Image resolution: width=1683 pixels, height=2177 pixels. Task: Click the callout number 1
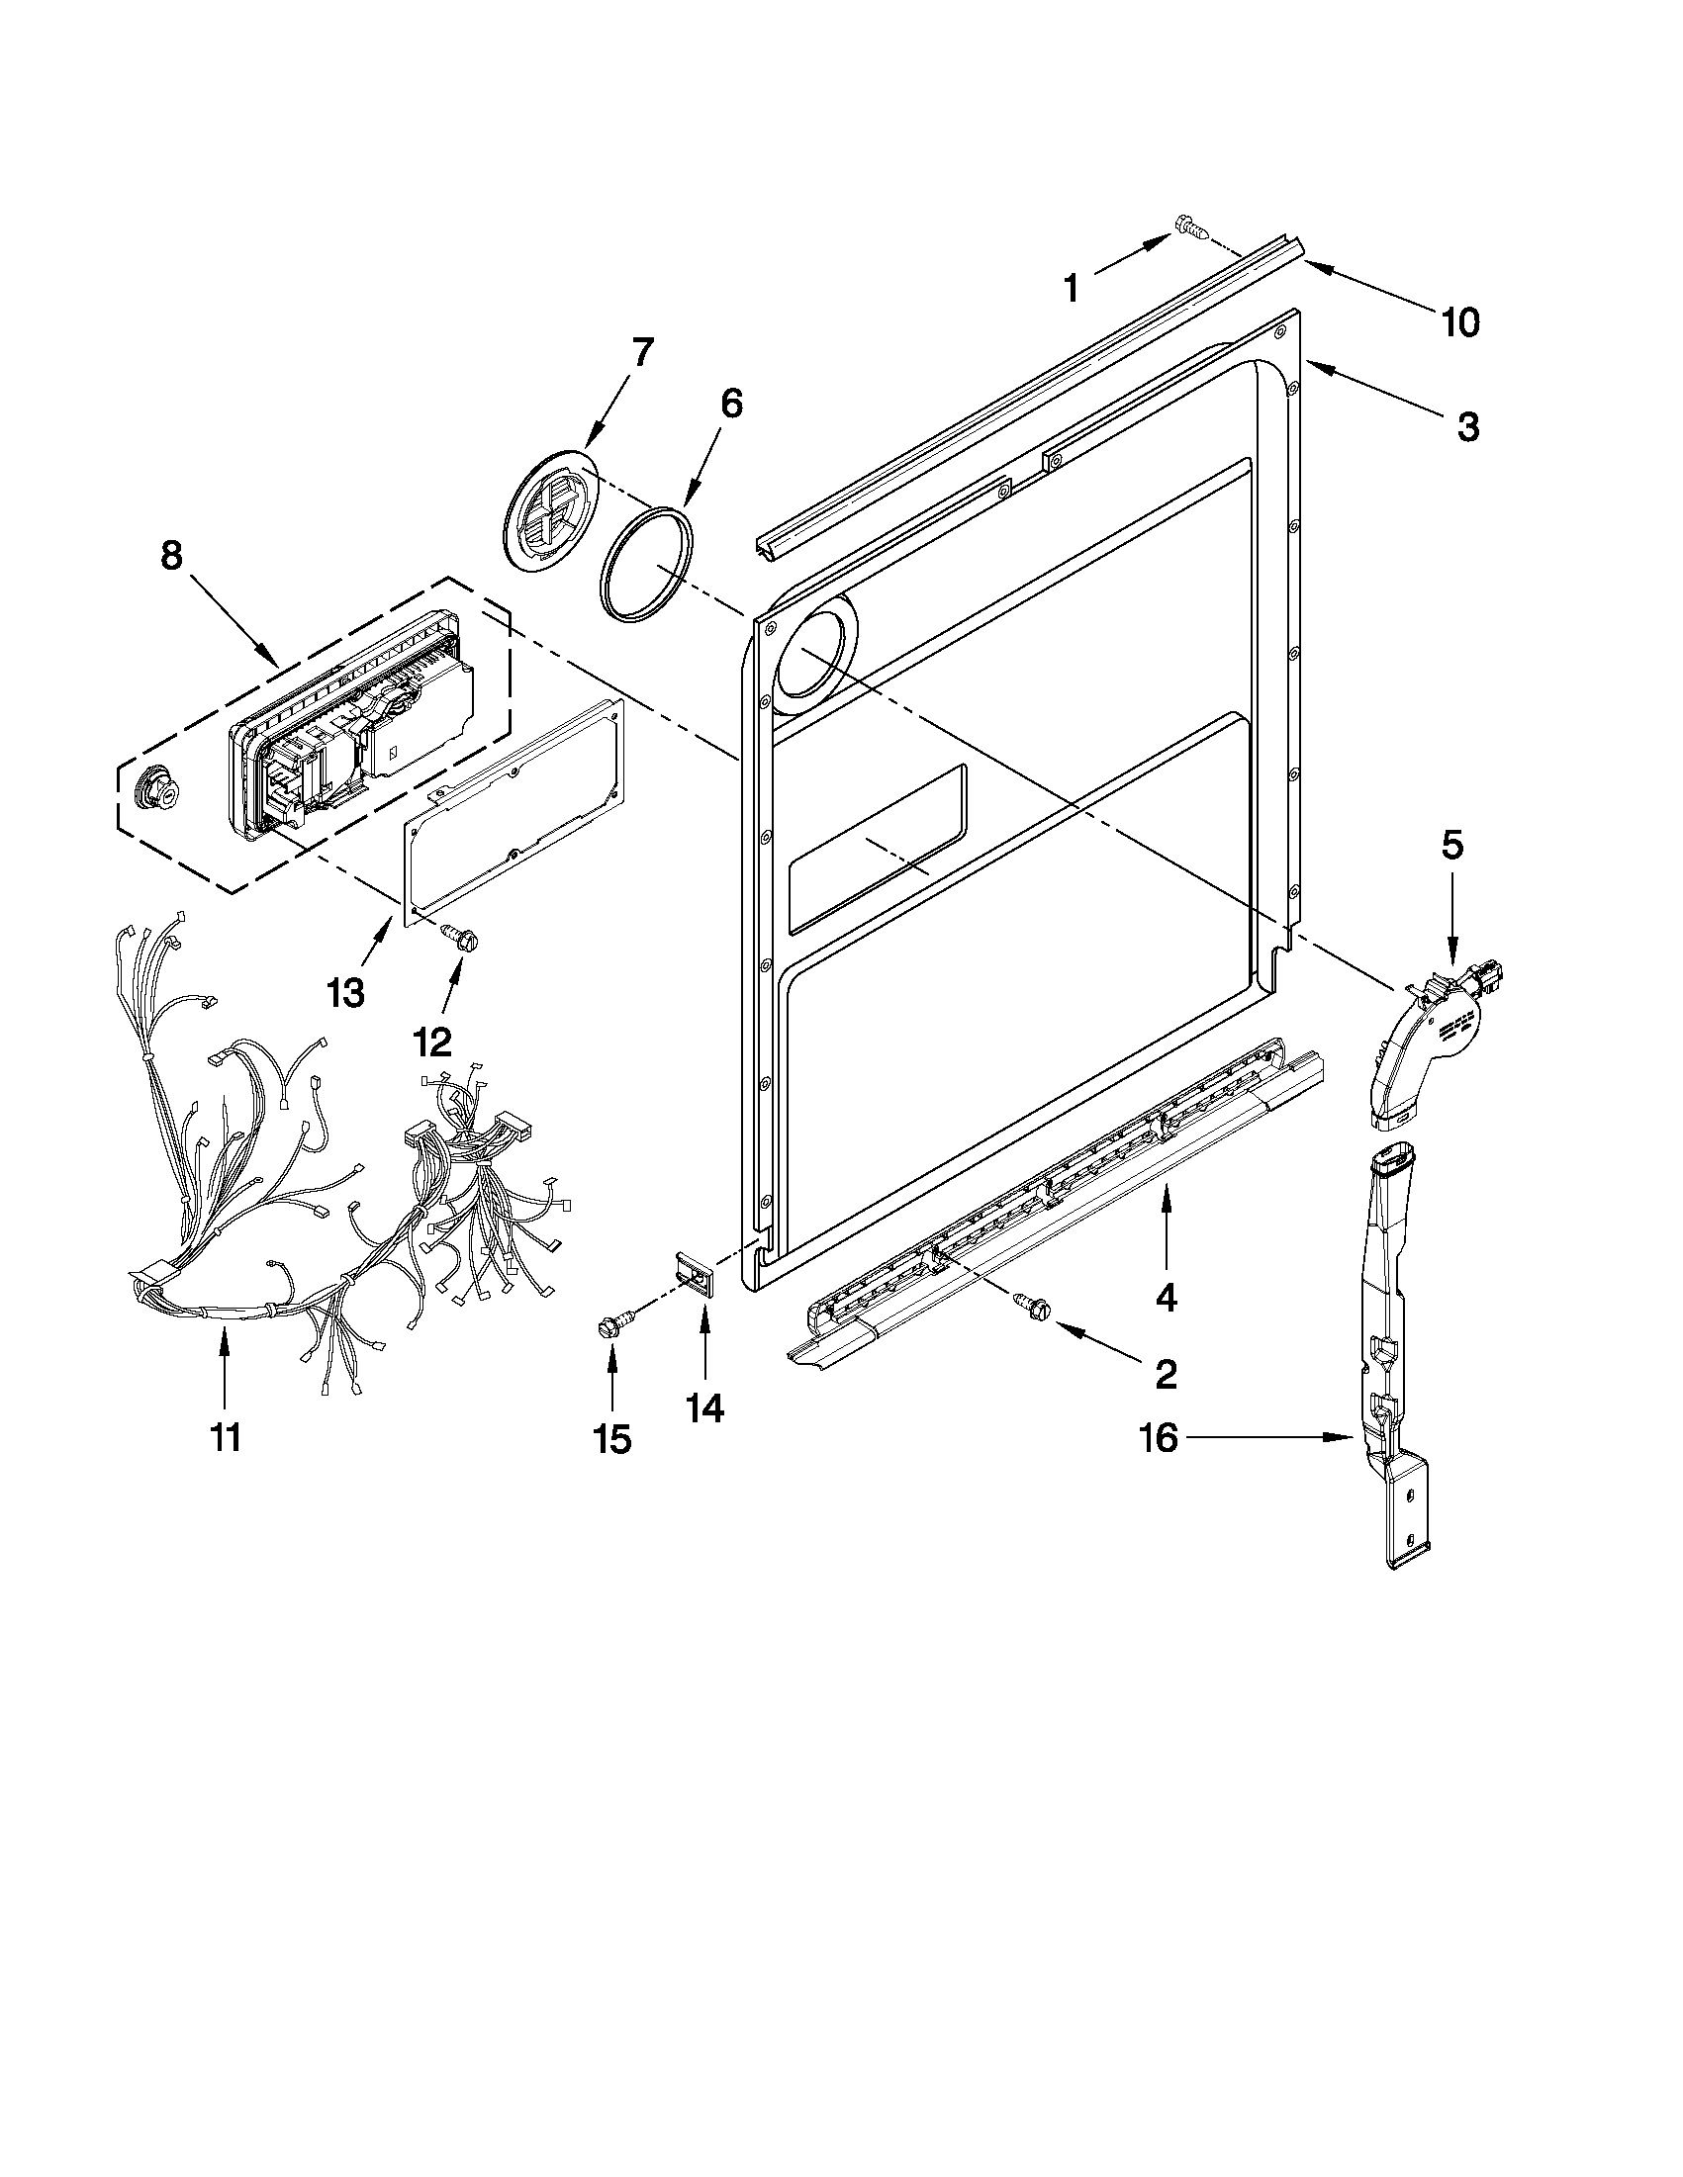point(1071,289)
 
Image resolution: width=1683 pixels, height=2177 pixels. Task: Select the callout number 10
point(1460,323)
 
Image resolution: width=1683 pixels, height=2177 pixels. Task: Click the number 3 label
point(1467,426)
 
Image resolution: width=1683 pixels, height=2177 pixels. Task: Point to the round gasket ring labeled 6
point(647,565)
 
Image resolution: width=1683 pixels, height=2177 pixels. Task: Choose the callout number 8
point(171,555)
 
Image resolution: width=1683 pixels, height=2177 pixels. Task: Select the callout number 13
point(345,993)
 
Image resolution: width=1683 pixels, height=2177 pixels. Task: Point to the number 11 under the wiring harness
point(226,1437)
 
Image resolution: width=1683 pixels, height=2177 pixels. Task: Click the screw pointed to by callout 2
point(1029,1301)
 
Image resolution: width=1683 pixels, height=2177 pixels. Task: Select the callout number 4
point(1166,1297)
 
